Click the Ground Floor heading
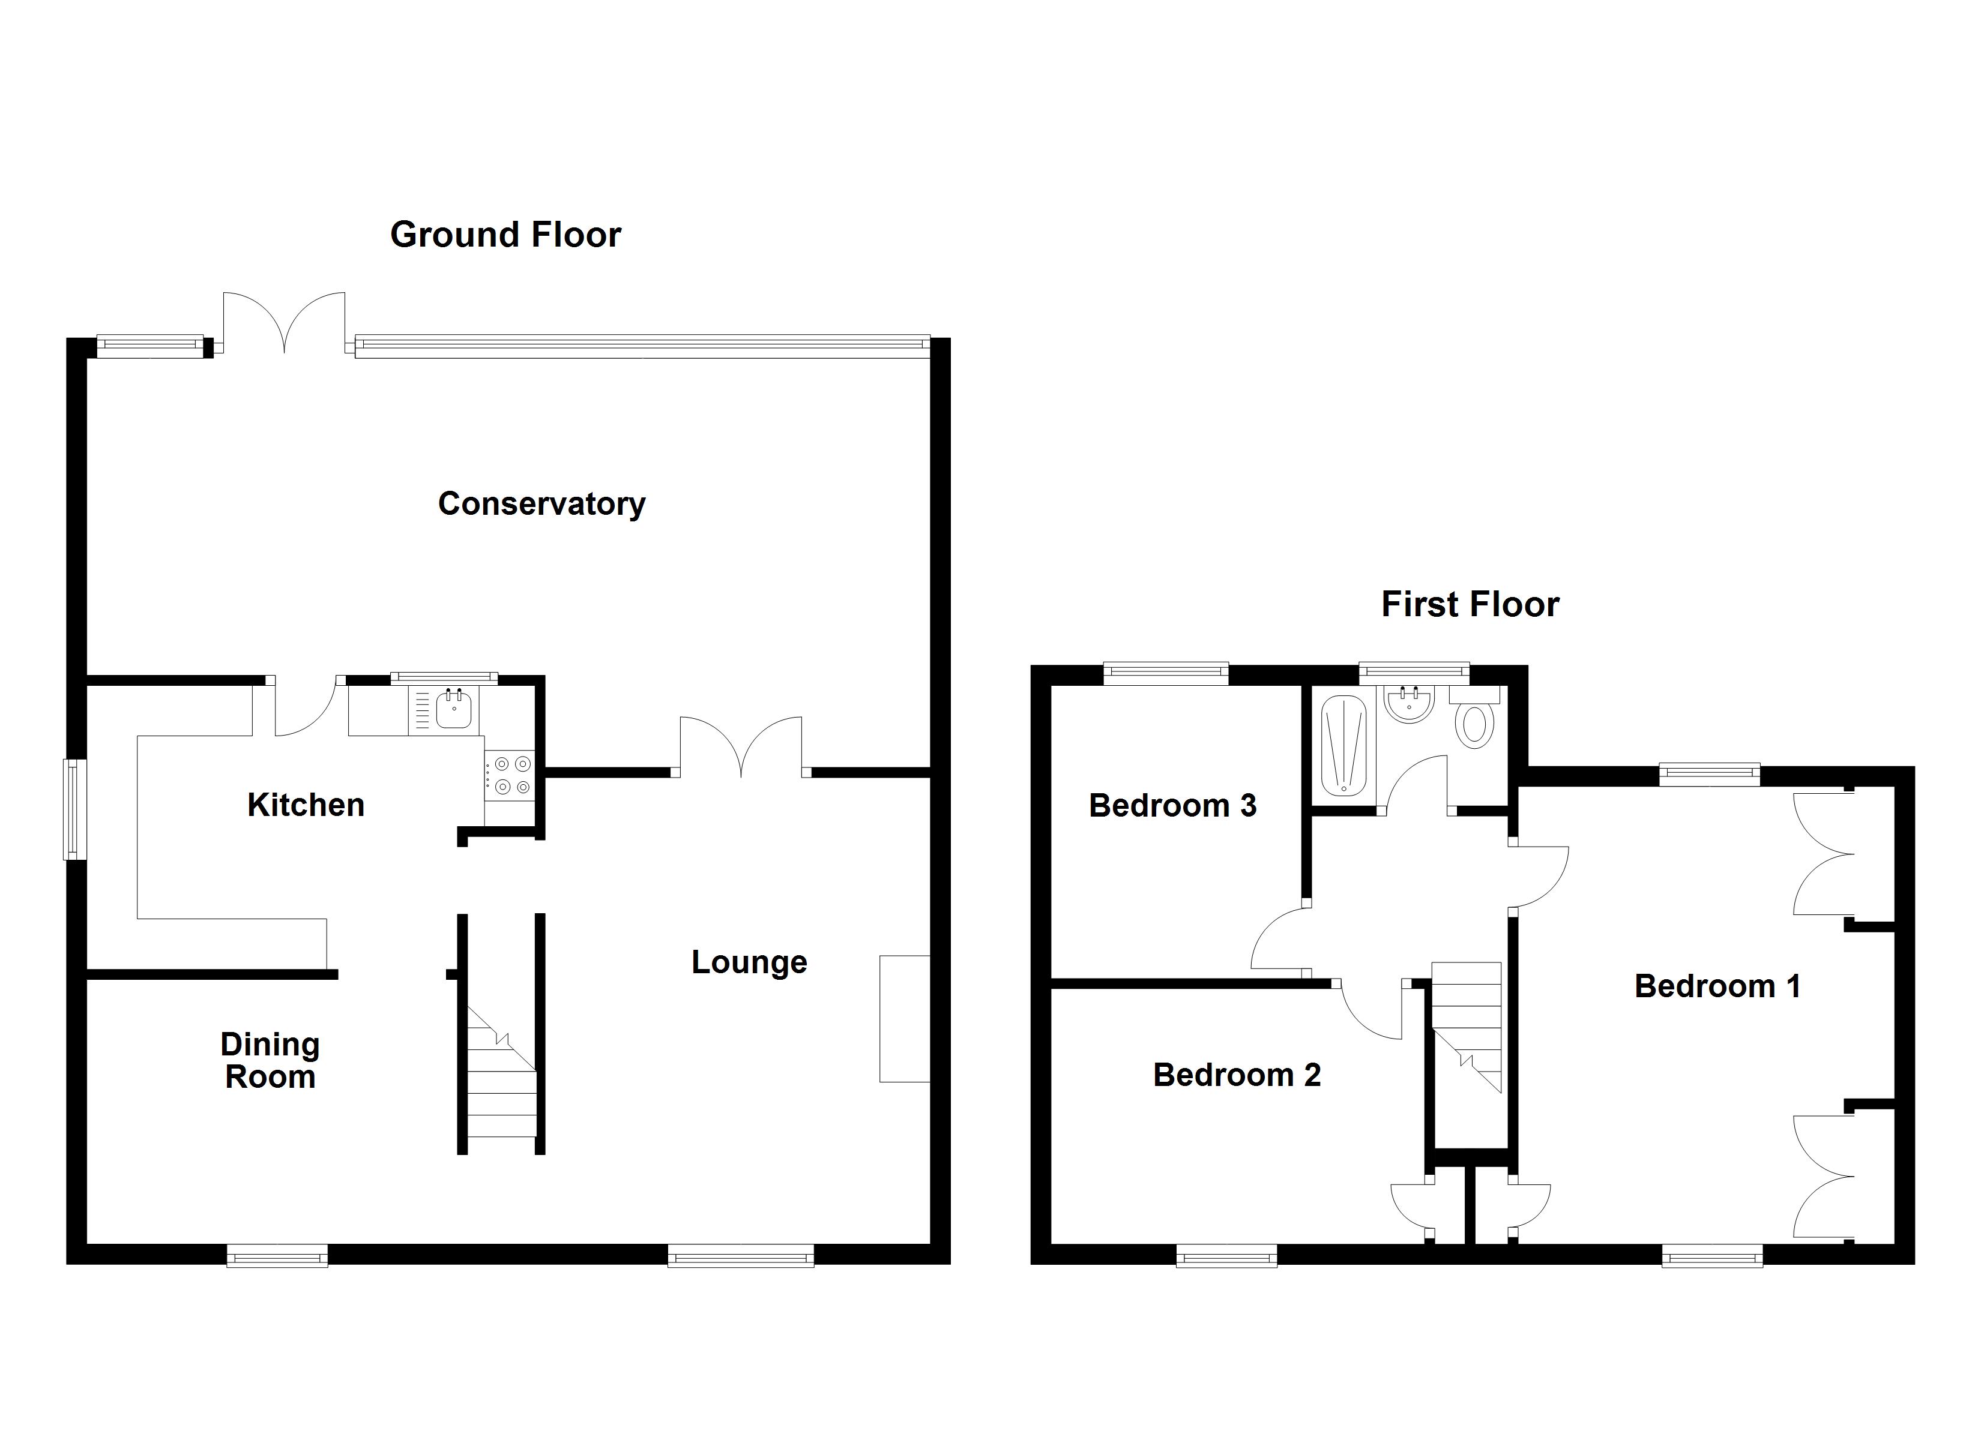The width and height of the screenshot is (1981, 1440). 505,235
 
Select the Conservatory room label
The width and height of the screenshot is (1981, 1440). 541,504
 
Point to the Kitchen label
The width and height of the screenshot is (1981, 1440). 306,804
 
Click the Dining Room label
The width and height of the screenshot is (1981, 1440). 270,1060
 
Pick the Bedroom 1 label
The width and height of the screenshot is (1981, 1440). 1716,986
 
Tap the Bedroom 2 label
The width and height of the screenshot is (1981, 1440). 1236,1074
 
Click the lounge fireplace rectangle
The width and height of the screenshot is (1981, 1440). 904,1019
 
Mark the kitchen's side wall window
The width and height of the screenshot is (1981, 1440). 75,809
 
